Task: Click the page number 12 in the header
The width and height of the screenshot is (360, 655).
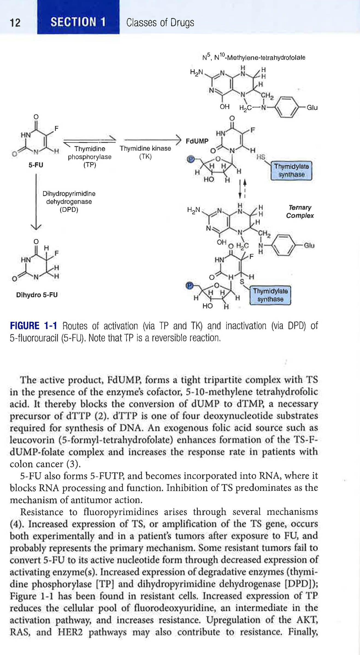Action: (15, 23)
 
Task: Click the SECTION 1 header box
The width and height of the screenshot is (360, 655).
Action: (78, 22)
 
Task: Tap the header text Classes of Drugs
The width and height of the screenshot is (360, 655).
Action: (160, 22)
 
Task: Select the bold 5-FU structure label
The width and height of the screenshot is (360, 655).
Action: (36, 165)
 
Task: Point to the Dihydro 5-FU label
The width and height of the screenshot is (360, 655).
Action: (37, 295)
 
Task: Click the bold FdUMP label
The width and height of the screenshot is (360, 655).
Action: (197, 141)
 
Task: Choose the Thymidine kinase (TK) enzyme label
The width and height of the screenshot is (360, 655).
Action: (145, 152)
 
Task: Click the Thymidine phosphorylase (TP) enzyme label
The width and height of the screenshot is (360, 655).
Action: (90, 157)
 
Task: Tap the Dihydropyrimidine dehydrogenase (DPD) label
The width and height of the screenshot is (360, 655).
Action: (69, 202)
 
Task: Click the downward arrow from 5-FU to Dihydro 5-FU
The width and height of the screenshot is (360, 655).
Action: (36, 202)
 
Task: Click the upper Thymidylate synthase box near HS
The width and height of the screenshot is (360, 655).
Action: (291, 170)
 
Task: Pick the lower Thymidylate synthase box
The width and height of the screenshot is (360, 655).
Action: (270, 295)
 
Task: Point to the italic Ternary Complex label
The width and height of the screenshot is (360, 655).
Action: (300, 212)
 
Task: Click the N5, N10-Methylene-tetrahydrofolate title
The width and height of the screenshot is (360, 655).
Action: (254, 57)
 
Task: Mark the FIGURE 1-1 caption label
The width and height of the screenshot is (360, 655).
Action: (33, 326)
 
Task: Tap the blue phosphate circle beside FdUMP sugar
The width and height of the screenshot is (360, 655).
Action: (191, 159)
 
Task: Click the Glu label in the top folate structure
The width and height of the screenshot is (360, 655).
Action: (312, 108)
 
